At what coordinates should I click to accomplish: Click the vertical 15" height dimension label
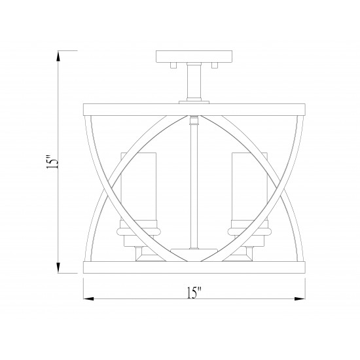point(52,162)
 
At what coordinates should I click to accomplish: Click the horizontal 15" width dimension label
point(194,293)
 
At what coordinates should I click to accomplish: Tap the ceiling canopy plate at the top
point(194,56)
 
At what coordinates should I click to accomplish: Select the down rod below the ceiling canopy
point(194,82)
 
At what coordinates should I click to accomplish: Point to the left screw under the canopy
point(173,65)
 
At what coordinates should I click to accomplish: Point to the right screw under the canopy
point(215,65)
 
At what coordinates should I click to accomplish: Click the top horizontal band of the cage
point(194,110)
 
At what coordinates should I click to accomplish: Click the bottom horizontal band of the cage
point(194,267)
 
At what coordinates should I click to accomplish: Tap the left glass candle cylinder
point(139,187)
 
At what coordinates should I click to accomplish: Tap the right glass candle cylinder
point(250,187)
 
